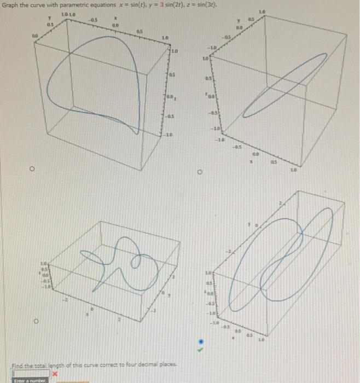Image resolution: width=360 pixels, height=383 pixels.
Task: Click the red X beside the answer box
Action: click(x=55, y=373)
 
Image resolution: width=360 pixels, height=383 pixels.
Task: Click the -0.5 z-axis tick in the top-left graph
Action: click(x=172, y=117)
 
